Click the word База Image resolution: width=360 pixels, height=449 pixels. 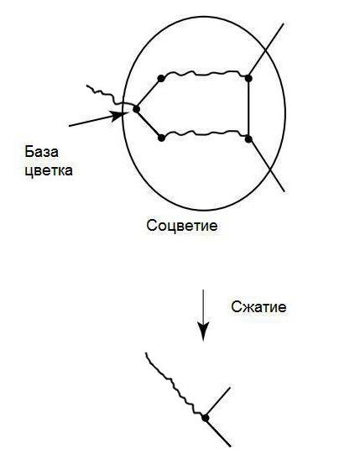tap(41, 151)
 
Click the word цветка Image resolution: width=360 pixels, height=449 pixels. tap(49, 170)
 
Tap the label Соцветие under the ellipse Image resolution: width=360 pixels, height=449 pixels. tap(182, 226)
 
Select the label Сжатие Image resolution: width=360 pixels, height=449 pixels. tap(258, 306)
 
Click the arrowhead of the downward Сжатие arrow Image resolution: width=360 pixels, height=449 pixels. tap(203, 332)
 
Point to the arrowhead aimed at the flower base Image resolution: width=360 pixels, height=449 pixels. tap(120, 116)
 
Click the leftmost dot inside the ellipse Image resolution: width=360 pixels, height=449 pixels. tap(136, 109)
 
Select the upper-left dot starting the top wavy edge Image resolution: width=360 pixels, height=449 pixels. tap(161, 78)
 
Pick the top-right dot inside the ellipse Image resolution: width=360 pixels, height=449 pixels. tap(248, 78)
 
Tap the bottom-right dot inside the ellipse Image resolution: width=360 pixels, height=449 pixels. tap(248, 139)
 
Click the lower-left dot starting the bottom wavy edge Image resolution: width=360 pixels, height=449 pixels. tap(161, 138)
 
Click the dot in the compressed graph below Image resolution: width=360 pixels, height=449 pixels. tap(205, 418)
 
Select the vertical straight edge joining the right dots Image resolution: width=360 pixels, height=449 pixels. tap(248, 109)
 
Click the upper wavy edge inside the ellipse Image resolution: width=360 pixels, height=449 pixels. tap(205, 74)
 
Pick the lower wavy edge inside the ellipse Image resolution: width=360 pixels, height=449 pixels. tap(205, 133)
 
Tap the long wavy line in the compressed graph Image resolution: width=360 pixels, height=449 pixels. tap(175, 385)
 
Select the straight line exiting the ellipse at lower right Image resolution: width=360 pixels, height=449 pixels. tap(267, 165)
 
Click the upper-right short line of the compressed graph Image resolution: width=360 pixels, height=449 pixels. tap(218, 403)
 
